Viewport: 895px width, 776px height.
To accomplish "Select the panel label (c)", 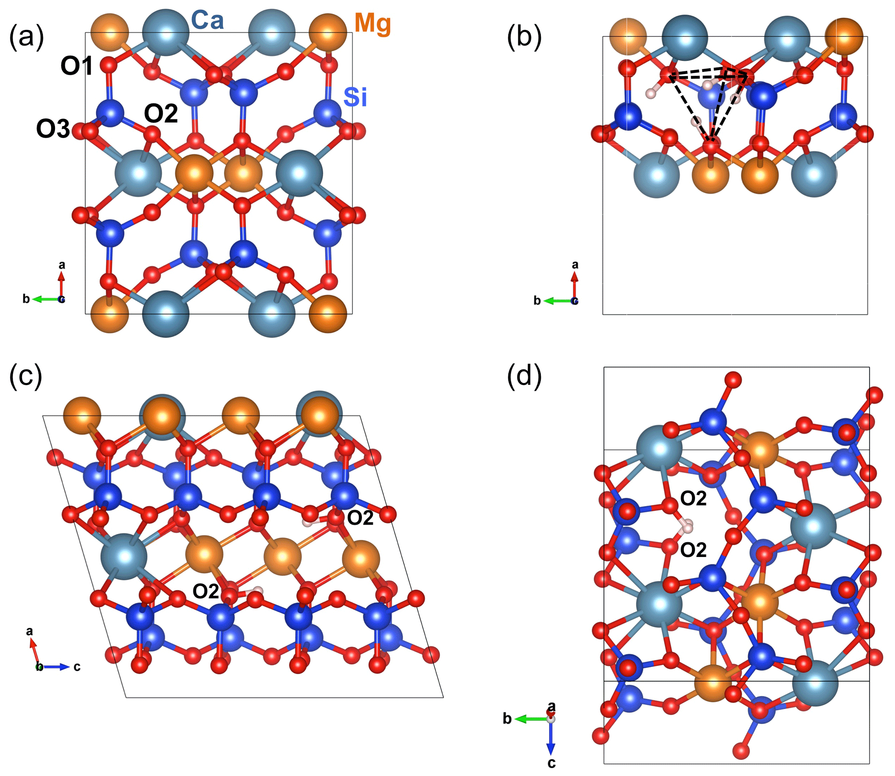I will pos(26,375).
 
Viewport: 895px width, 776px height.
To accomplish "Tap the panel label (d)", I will pos(524,375).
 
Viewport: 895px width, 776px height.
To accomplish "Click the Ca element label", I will pos(207,20).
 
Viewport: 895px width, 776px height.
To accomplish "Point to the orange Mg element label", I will pos(372,23).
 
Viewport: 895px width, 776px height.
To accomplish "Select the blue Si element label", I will pos(355,97).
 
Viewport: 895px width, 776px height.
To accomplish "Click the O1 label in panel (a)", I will pos(77,66).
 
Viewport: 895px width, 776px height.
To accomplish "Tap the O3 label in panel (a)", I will pos(53,129).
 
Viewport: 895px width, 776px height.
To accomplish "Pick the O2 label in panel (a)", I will pos(161,113).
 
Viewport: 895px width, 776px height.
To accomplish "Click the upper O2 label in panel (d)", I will pos(693,499).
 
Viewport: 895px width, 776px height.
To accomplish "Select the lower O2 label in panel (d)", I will pos(693,551).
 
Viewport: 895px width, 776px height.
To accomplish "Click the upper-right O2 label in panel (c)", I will pos(360,518).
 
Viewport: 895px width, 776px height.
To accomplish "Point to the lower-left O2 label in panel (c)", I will pos(205,592).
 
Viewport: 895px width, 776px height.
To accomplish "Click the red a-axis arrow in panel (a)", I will pos(61,283).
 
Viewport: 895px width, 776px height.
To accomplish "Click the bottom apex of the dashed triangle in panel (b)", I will pos(710,141).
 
